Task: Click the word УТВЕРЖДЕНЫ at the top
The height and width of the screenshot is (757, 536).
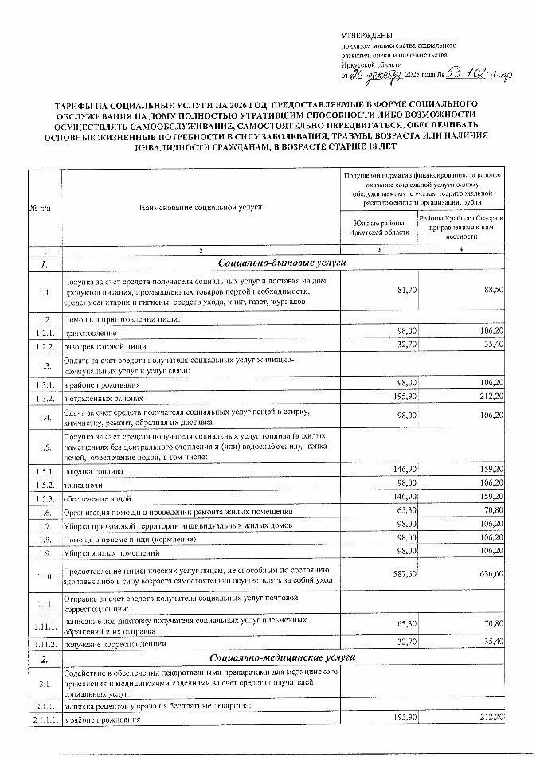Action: [362, 37]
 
